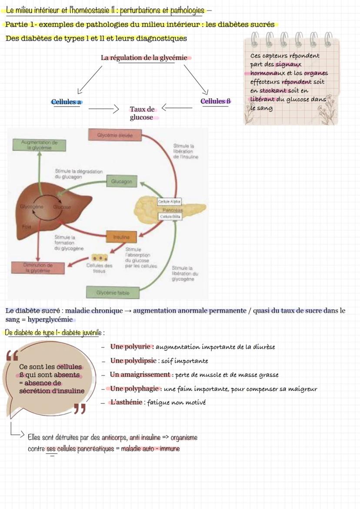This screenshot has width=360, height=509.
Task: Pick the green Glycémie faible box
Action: point(113,293)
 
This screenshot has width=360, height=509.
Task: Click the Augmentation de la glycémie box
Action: point(37,145)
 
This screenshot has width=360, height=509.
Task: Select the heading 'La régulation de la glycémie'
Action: point(144,58)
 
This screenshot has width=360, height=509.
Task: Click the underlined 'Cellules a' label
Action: point(66,102)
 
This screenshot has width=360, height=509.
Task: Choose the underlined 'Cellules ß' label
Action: point(215,101)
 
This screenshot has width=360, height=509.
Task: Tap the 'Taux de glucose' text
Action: point(142,113)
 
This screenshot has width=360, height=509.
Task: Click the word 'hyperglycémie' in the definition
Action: point(51,320)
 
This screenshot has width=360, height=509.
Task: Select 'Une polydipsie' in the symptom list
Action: point(133,361)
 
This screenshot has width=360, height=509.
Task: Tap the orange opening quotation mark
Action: point(12,356)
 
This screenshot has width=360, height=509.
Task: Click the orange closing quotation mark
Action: point(79,409)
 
